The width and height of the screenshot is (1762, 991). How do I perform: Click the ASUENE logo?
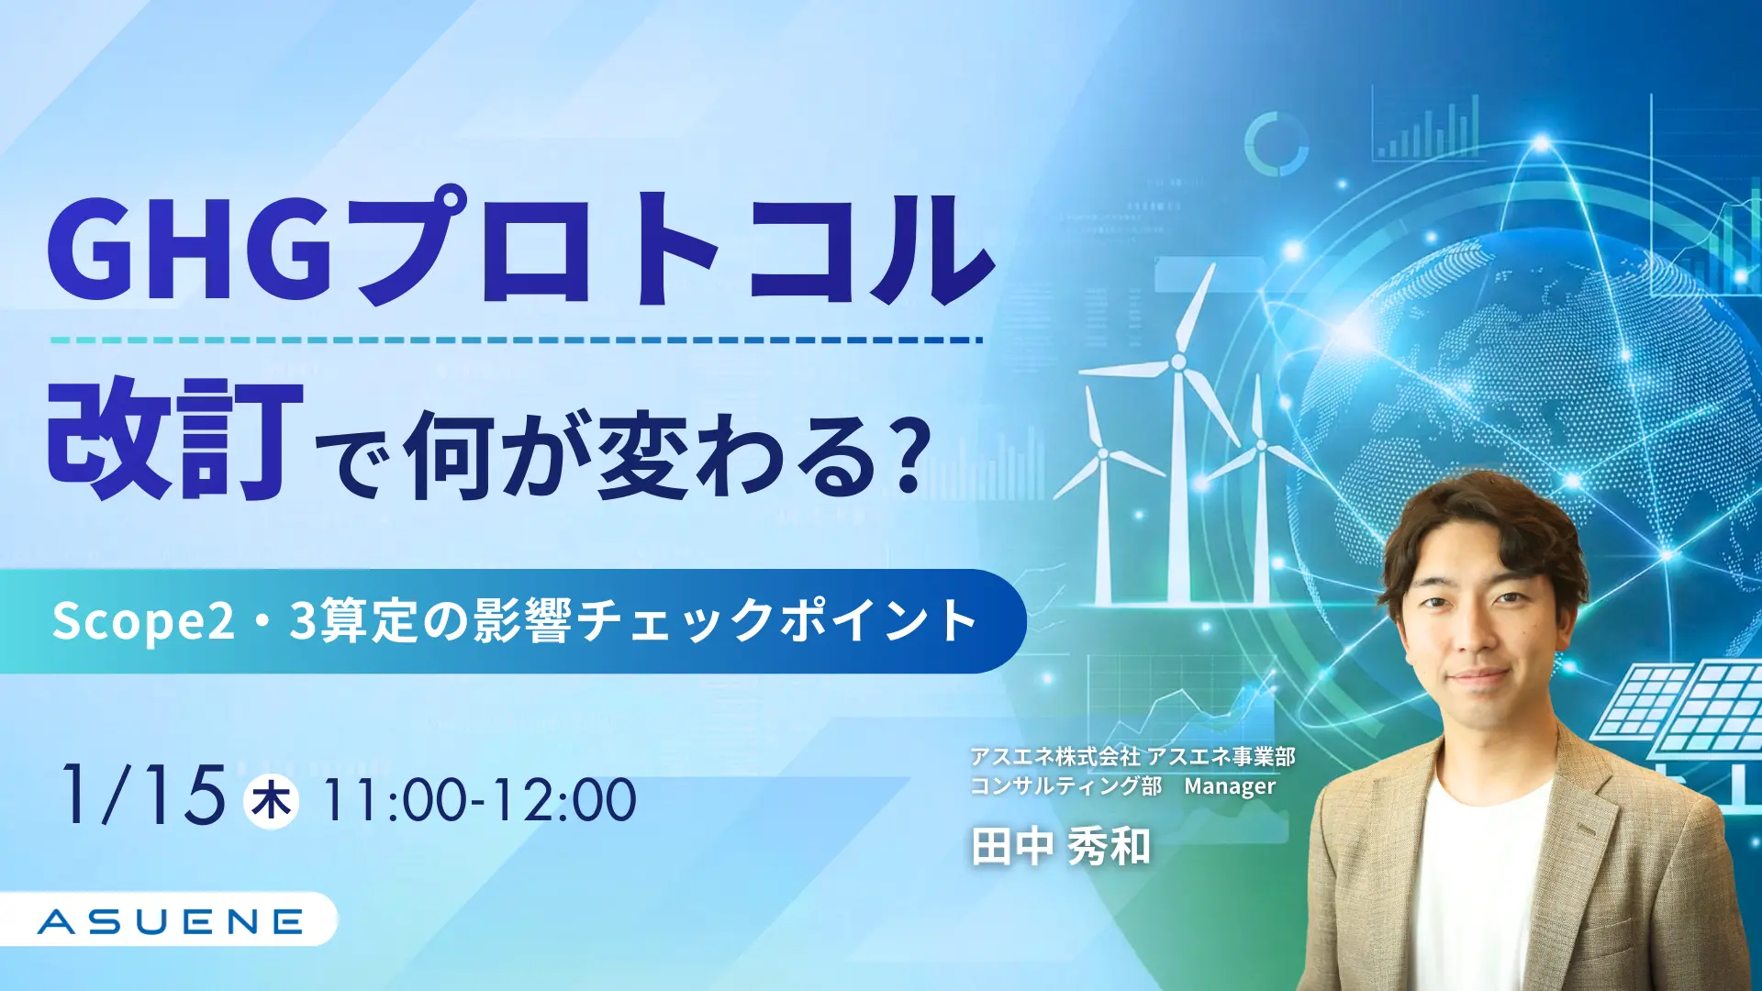point(171,921)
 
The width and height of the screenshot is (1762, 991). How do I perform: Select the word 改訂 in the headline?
point(175,439)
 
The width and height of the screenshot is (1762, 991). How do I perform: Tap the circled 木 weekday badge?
point(271,801)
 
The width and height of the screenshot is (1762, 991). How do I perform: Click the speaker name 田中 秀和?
point(1061,846)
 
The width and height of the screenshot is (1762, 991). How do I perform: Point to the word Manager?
point(1230,786)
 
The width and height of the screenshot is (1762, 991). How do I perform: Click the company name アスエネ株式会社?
point(1055,757)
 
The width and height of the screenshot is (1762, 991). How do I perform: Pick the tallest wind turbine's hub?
point(1178,363)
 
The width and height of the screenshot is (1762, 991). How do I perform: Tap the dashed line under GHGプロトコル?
point(516,340)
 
